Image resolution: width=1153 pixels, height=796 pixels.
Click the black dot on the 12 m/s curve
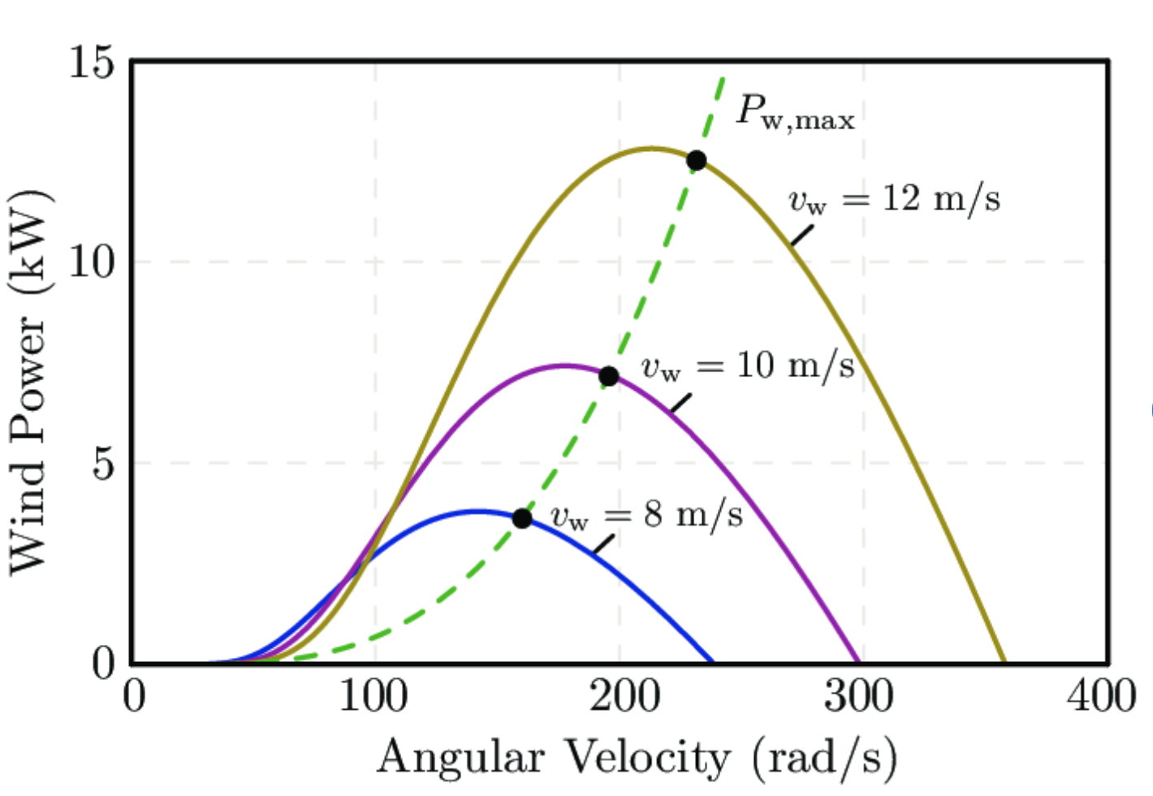pyautogui.click(x=696, y=160)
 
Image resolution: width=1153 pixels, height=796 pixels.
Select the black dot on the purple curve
pyautogui.click(x=608, y=376)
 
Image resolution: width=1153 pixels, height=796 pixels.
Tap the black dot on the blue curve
pyautogui.click(x=522, y=518)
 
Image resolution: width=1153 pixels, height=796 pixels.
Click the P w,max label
pyautogui.click(x=795, y=112)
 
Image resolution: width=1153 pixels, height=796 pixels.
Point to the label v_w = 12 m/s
pyautogui.click(x=894, y=200)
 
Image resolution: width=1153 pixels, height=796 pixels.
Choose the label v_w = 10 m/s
pyautogui.click(x=748, y=367)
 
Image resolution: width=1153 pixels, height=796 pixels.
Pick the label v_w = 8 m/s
pyautogui.click(x=646, y=516)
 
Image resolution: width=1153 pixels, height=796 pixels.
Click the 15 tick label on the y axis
pyautogui.click(x=91, y=63)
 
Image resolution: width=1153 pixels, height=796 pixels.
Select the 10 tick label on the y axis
pyautogui.click(x=91, y=262)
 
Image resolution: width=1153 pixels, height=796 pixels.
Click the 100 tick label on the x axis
pyautogui.click(x=374, y=697)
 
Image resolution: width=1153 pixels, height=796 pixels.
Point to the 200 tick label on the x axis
pyautogui.click(x=619, y=697)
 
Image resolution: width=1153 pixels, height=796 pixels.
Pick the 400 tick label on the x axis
pyautogui.click(x=1102, y=697)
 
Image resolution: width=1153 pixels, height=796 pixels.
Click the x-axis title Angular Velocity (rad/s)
pyautogui.click(x=637, y=757)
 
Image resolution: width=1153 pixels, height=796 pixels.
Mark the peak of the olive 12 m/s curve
pyautogui.click(x=652, y=148)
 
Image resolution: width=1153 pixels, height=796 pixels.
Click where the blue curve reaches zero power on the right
pyautogui.click(x=712, y=662)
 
